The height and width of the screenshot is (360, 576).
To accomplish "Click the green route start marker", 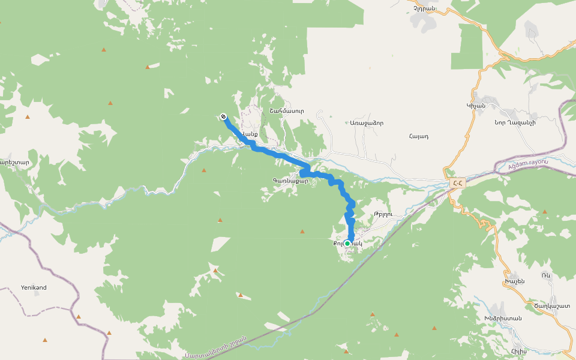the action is pyautogui.click(x=347, y=244).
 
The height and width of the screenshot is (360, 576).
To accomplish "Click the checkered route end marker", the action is pyautogui.click(x=223, y=116).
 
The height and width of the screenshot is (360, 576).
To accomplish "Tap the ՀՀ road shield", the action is pyautogui.click(x=457, y=184).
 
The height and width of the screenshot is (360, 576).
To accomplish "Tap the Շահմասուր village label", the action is pyautogui.click(x=287, y=111).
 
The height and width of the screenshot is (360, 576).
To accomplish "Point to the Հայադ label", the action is pyautogui.click(x=418, y=136).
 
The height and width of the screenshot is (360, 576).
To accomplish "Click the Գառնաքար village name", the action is pyautogui.click(x=290, y=181).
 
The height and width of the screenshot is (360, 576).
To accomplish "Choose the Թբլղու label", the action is pyautogui.click(x=382, y=214).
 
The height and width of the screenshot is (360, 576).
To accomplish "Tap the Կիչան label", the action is pyautogui.click(x=475, y=106).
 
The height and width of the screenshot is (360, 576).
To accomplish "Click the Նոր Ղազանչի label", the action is pyautogui.click(x=515, y=122).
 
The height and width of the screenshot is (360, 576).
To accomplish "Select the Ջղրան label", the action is pyautogui.click(x=424, y=8).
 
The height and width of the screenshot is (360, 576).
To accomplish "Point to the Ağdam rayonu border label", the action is pyautogui.click(x=528, y=163).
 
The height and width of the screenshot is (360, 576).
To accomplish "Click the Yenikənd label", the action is pyautogui.click(x=34, y=287).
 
